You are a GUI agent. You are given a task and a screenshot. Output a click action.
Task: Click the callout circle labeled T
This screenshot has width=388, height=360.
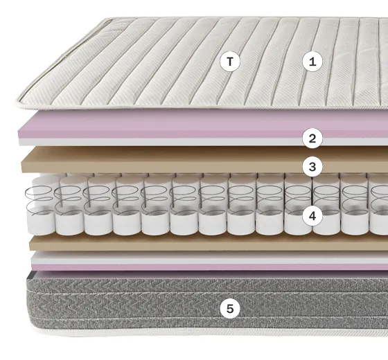pos(230,62)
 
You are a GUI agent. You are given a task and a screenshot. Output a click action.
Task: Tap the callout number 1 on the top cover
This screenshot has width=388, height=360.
pos(312,62)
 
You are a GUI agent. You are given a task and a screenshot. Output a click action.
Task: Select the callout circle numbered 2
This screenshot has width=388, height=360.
pos(312,138)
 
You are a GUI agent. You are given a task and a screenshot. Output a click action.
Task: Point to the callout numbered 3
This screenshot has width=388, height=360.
pos(312,167)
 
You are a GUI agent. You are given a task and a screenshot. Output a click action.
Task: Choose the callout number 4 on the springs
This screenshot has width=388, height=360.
pos(312,216)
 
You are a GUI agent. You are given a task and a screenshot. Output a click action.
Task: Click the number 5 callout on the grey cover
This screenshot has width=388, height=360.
pos(230,309)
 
